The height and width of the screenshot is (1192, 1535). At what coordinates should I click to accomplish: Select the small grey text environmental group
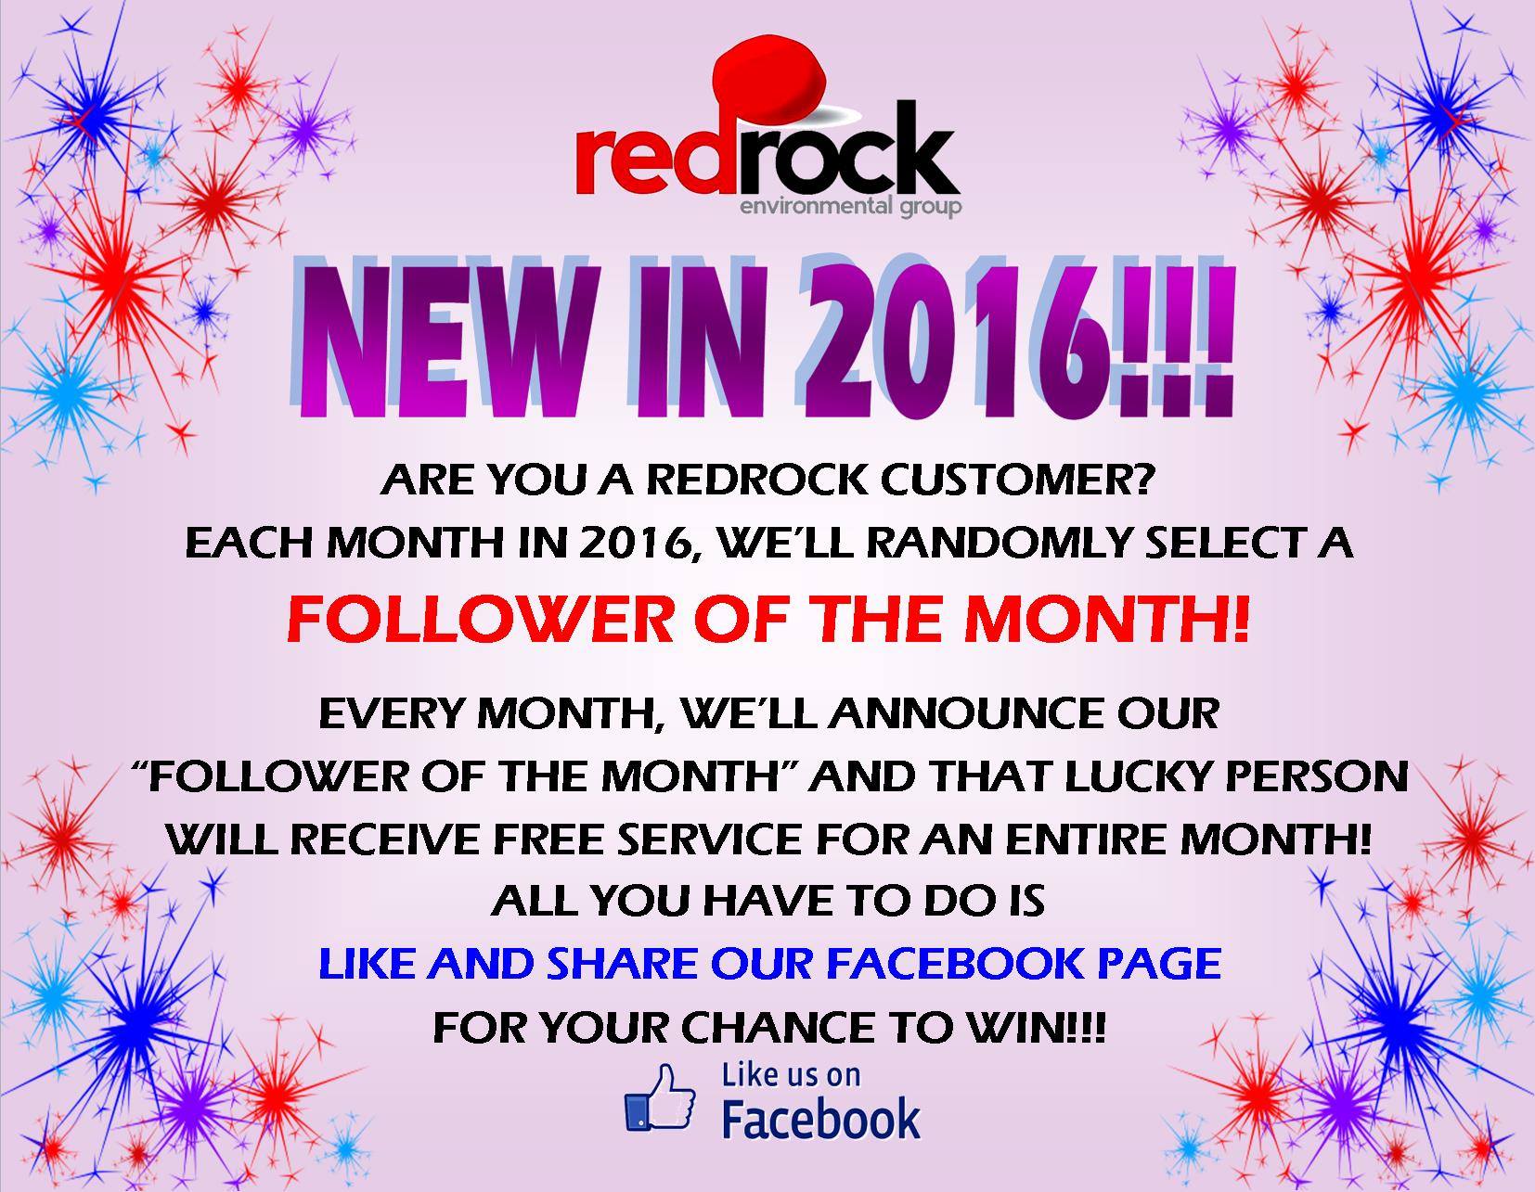[850, 208]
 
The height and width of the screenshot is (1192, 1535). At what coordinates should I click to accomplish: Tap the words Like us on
[791, 1076]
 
